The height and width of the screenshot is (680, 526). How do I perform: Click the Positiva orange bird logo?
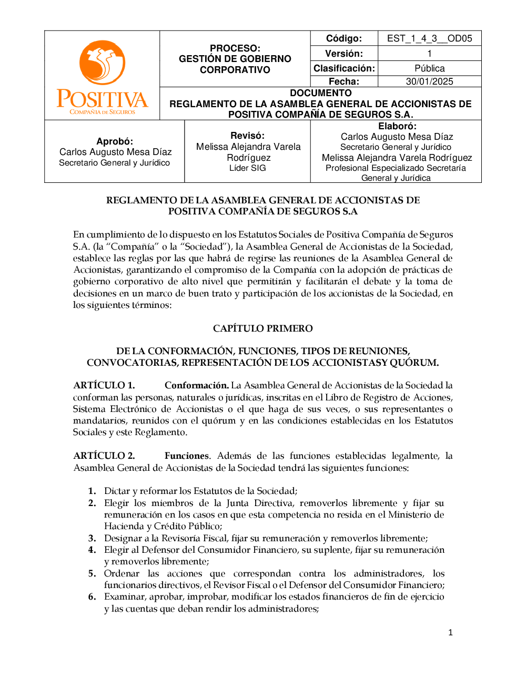point(102,63)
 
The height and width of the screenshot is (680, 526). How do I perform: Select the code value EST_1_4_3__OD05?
point(429,38)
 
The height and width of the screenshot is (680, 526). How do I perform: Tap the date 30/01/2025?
point(429,81)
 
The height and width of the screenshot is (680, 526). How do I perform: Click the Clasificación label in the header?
point(344,68)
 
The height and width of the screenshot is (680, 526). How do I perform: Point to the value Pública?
point(429,68)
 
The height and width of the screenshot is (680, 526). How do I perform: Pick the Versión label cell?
point(344,54)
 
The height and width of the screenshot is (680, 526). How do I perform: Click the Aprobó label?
point(115,141)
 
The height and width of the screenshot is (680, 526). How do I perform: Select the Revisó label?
point(247,136)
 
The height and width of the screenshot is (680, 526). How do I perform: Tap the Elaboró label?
point(397,126)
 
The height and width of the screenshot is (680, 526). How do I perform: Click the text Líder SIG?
point(247,168)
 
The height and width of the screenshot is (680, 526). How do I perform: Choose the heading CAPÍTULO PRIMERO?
point(262,328)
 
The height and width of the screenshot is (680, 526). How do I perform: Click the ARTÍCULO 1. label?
point(104,385)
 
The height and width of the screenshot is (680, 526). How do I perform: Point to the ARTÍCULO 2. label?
point(104,456)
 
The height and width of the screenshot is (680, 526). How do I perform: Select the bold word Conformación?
point(196,385)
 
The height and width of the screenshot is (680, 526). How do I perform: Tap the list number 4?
point(92,550)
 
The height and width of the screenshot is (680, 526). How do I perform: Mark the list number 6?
point(92,596)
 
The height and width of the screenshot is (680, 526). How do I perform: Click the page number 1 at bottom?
point(450,633)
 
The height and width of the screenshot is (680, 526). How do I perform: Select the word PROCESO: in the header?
point(235,48)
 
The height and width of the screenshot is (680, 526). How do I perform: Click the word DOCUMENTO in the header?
point(320,93)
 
